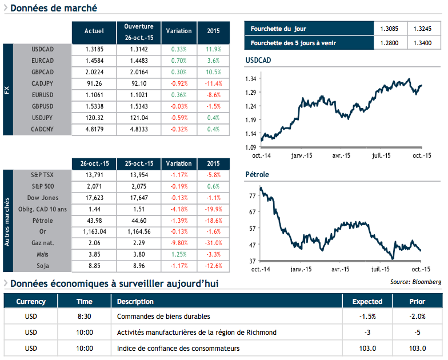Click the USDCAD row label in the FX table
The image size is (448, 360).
[x=43, y=49]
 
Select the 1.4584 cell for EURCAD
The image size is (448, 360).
[x=94, y=60]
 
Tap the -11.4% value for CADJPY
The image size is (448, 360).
[x=213, y=83]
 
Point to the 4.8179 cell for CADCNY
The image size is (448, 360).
[x=94, y=129]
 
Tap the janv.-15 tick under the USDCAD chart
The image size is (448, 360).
[x=301, y=155]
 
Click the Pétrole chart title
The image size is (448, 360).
[x=257, y=174]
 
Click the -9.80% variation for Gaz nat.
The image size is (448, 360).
[x=179, y=244]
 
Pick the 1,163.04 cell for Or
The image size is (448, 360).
[x=94, y=233]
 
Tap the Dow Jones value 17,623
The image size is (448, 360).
[x=94, y=198]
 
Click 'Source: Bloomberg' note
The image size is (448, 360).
[x=415, y=282]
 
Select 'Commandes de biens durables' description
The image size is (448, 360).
[x=163, y=317]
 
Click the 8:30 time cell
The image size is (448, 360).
[x=84, y=317]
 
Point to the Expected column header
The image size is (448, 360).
[x=367, y=302]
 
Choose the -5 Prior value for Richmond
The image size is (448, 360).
[x=418, y=333]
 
